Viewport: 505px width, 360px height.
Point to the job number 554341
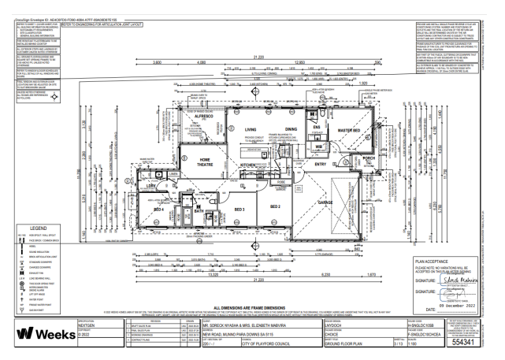tap(477, 342)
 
